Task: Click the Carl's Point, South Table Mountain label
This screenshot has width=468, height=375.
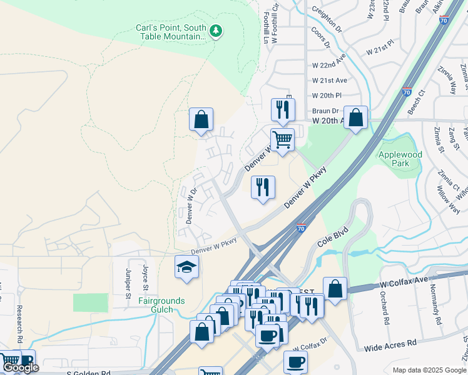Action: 171,32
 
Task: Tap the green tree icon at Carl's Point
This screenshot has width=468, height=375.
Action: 216,30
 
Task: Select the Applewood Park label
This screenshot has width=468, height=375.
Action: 400,159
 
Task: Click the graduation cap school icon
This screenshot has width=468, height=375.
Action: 186,267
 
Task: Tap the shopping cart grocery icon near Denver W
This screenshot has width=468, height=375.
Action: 282,139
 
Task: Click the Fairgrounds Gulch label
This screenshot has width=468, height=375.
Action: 161,305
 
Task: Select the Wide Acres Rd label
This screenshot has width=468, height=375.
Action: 390,343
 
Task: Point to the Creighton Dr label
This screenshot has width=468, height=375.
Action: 327,12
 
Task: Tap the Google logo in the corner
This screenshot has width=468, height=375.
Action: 21,368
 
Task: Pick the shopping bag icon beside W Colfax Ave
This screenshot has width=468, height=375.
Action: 335,289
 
